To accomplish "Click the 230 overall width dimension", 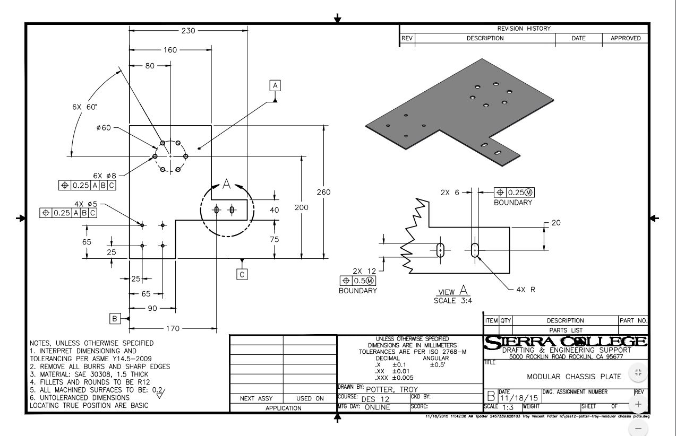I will click(188, 31).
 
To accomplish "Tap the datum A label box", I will click(275, 85).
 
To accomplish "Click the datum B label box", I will click(114, 318).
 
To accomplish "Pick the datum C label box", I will click(242, 274).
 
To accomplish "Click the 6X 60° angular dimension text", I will click(85, 107).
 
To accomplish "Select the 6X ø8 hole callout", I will click(105, 175).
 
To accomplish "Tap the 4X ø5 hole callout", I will click(86, 204).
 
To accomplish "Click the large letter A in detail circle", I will click(227, 184).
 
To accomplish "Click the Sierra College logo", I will click(566, 343).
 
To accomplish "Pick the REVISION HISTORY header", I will click(524, 29).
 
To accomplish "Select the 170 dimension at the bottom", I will click(173, 329).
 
